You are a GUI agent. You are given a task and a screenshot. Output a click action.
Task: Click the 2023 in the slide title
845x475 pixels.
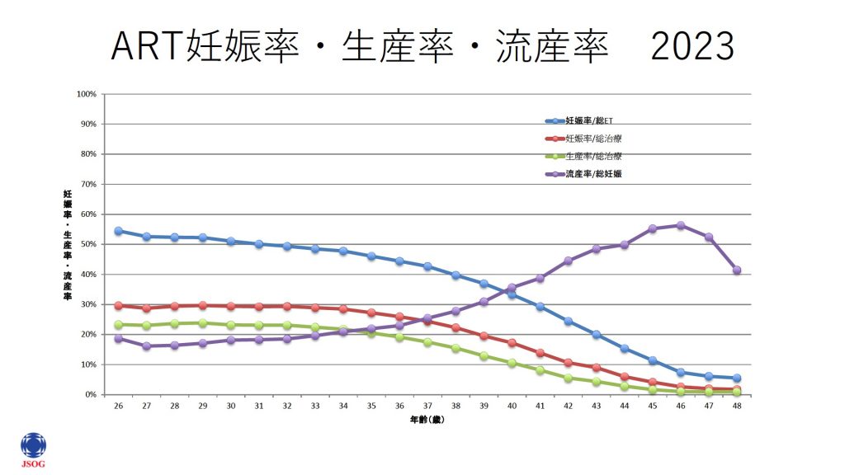point(692,47)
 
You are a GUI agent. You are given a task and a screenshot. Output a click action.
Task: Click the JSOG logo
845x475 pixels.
point(33,449)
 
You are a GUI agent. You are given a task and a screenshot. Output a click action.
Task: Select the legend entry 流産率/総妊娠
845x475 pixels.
point(592,174)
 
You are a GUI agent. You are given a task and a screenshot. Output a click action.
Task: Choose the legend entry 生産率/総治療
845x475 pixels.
point(592,156)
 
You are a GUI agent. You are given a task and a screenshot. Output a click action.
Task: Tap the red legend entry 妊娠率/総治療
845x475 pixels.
point(592,139)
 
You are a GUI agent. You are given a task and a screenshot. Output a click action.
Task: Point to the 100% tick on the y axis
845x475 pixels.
point(87,94)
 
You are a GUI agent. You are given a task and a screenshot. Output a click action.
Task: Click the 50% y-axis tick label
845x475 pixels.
point(88,244)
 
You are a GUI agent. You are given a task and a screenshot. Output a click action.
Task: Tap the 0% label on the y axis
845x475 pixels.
point(91,394)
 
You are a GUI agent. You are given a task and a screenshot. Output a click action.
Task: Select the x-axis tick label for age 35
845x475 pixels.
point(371,407)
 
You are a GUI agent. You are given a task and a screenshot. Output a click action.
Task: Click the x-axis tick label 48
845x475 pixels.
point(737,407)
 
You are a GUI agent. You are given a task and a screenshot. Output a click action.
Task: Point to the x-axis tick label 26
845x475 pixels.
point(118,407)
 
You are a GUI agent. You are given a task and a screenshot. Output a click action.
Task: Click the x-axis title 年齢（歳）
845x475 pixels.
point(427,420)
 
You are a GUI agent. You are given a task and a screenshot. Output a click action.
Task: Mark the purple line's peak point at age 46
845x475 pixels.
point(681,225)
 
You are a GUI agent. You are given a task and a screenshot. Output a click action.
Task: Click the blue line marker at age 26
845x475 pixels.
point(118,231)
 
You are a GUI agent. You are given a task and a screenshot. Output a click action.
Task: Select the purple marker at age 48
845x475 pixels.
point(737,270)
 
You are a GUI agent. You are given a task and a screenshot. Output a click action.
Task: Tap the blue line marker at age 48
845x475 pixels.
point(737,378)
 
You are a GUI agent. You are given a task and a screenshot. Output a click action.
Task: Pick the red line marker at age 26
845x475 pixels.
point(118,305)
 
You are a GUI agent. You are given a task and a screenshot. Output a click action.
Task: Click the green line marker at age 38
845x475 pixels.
point(456,348)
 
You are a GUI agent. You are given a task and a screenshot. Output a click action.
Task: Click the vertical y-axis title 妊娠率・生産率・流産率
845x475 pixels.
point(67,244)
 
